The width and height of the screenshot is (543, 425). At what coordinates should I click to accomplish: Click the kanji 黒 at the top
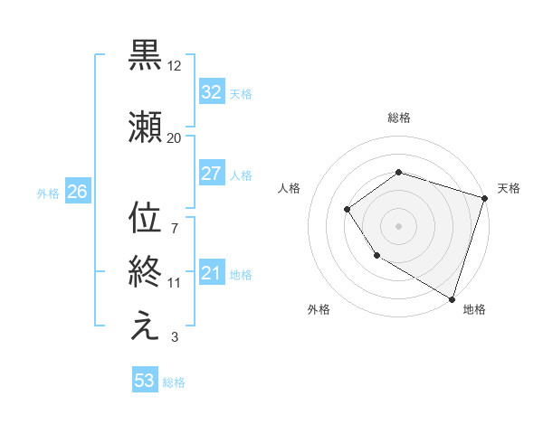point(146,55)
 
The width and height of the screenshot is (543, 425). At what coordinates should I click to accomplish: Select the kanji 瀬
point(146,127)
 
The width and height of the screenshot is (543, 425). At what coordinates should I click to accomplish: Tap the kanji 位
point(146,219)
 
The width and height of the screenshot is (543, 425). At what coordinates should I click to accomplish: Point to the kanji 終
point(146,269)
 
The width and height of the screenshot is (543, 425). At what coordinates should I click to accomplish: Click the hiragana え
point(146,327)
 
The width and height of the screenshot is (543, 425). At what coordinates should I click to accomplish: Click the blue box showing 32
point(211,92)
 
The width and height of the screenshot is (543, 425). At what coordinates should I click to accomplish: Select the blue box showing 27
point(211,174)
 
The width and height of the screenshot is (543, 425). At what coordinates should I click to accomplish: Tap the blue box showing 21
point(211,274)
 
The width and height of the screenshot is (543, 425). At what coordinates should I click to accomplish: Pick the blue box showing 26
point(77,192)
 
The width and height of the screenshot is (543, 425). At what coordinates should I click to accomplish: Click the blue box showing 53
point(144,381)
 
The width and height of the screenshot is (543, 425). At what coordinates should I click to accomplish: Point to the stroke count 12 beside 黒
point(175,66)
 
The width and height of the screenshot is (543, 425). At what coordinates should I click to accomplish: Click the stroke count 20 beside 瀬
point(175,137)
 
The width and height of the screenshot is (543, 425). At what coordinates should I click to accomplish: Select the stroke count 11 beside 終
point(175,283)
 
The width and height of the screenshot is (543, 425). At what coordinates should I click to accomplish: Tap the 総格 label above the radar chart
point(399,118)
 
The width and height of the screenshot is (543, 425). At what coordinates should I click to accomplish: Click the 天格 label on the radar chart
point(509,188)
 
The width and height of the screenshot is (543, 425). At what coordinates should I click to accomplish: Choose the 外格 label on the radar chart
point(319,309)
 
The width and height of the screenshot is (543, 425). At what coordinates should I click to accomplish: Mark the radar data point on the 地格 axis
point(452,298)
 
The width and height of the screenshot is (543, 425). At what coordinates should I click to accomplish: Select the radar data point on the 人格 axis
point(348,210)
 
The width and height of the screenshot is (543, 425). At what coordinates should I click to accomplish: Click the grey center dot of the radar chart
point(398,226)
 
